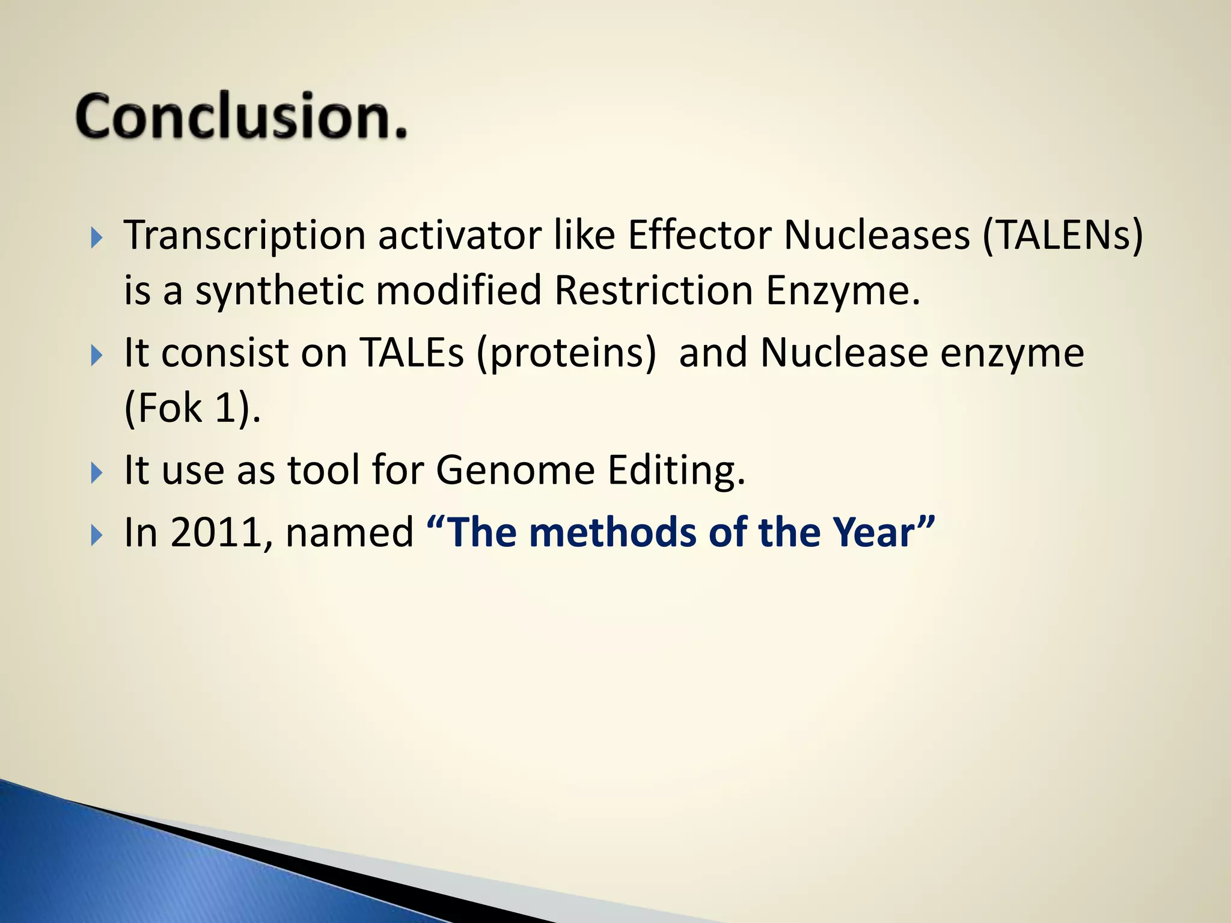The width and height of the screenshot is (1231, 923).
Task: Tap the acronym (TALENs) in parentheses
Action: click(x=1062, y=236)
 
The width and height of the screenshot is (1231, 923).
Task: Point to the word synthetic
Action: click(x=279, y=291)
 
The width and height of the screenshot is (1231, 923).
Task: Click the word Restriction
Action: click(x=653, y=291)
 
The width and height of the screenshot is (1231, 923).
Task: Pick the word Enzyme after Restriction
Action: click(x=842, y=291)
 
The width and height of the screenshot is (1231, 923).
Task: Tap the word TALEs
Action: click(x=412, y=353)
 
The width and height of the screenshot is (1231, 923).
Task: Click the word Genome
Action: click(x=515, y=470)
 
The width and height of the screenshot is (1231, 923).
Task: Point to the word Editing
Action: click(x=676, y=470)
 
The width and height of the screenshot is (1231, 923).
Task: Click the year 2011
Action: click(x=216, y=532)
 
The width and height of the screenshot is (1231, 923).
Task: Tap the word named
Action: click(x=349, y=532)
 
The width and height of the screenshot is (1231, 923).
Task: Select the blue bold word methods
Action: click(x=613, y=532)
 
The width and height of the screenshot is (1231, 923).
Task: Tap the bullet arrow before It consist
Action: click(x=97, y=355)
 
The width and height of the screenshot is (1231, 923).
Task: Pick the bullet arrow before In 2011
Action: click(x=97, y=534)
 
